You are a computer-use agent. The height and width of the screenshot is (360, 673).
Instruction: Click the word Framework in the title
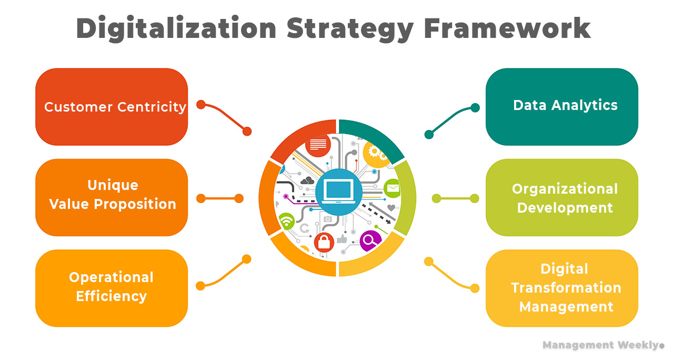click(x=507, y=28)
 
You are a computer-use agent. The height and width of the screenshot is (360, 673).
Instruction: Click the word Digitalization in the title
click(x=176, y=28)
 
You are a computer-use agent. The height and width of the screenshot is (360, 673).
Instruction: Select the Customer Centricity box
click(x=112, y=107)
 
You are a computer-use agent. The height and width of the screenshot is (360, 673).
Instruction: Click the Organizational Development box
click(x=561, y=197)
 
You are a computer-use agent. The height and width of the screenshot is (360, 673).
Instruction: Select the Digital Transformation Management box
click(x=561, y=288)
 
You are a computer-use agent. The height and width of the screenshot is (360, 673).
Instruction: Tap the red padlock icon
click(x=324, y=242)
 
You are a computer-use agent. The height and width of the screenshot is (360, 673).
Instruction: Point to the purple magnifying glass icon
click(x=370, y=241)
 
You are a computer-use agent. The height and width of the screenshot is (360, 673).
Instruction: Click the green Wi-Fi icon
click(x=286, y=221)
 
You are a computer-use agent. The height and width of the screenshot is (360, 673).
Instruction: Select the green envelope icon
click(x=393, y=188)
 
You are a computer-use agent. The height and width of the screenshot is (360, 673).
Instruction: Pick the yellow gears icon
click(x=374, y=152)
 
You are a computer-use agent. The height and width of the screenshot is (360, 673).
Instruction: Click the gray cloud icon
click(x=307, y=181)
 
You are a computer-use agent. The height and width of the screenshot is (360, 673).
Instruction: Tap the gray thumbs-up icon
click(x=343, y=239)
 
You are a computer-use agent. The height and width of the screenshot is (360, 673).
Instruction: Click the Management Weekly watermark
click(x=603, y=345)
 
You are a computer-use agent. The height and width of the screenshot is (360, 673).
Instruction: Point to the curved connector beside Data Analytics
click(x=451, y=119)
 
